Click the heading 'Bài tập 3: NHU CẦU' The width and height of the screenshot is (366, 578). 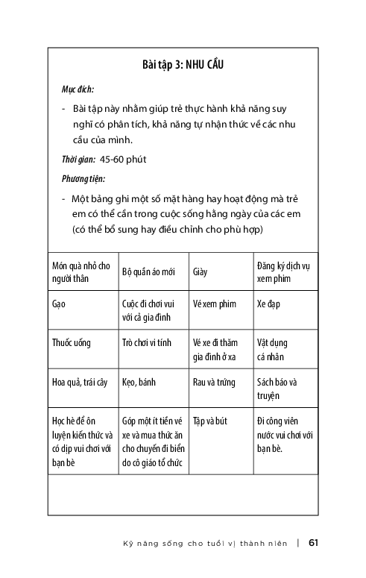point(183,66)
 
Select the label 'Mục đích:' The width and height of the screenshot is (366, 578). point(78,89)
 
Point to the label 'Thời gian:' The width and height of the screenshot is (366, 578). point(78,159)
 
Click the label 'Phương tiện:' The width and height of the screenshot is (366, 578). point(83,178)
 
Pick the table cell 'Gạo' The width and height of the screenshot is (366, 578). point(59,305)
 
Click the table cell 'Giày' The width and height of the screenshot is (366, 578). point(199,272)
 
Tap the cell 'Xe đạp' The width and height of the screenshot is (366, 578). point(268,305)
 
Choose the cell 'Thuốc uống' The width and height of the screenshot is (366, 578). point(72,343)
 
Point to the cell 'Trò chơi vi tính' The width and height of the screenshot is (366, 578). point(146,343)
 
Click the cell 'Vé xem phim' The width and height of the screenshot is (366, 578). point(214,305)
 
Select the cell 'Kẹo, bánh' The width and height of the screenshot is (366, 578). point(138,383)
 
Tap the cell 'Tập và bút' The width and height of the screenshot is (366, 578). point(210,421)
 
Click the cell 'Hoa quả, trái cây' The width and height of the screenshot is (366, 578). point(80,383)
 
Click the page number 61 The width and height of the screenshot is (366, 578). point(313,542)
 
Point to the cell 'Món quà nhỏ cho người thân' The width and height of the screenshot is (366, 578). point(81,271)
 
